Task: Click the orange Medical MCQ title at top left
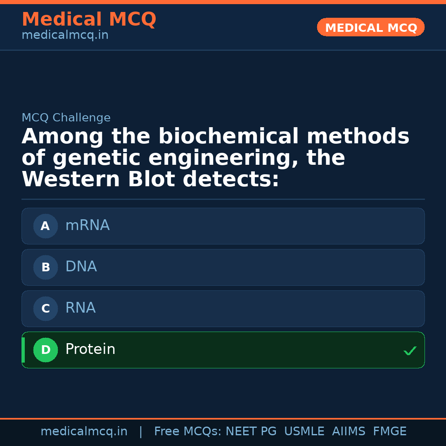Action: (89, 19)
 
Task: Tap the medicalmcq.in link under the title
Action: (65, 35)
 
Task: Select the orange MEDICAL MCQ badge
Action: (370, 27)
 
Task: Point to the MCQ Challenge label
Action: (66, 118)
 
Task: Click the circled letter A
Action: (45, 226)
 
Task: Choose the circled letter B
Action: (45, 267)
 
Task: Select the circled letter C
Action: (45, 308)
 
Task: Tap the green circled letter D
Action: (45, 350)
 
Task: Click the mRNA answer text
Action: (88, 225)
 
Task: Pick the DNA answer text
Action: (81, 267)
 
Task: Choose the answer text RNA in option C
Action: (81, 308)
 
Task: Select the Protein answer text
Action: (90, 349)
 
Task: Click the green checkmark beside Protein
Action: (410, 351)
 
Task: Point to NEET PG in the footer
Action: (251, 432)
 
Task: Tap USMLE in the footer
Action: (304, 432)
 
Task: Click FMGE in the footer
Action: (390, 432)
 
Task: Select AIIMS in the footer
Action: (349, 432)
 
